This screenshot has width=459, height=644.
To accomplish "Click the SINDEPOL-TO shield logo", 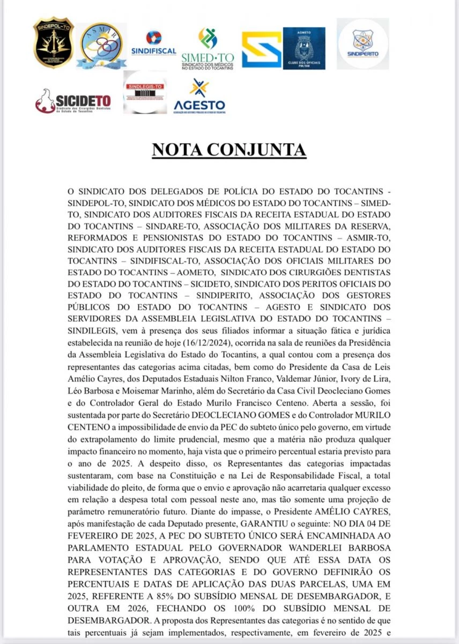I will [x=54, y=43].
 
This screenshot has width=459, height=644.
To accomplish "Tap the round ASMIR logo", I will [x=101, y=46].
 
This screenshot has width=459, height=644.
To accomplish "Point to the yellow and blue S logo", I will [x=261, y=49].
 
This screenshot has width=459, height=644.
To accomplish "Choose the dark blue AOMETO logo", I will [x=303, y=49].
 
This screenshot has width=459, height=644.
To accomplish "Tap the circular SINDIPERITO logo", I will [x=363, y=44].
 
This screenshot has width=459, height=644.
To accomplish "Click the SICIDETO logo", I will [x=73, y=100].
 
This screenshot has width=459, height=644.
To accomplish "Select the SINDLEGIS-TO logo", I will [x=145, y=92].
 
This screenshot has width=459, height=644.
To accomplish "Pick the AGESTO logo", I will [x=199, y=97].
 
